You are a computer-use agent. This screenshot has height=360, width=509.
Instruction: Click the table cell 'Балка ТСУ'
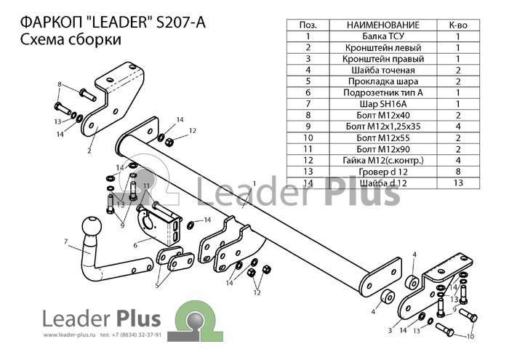[383, 36]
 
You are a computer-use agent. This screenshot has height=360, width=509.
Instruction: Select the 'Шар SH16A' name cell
[383, 104]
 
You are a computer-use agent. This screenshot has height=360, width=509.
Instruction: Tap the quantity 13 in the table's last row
[458, 183]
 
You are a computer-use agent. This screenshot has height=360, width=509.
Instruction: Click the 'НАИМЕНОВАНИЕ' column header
[383, 25]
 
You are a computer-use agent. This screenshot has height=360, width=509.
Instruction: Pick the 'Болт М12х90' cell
[383, 149]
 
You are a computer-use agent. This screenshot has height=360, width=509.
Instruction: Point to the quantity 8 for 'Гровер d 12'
[458, 172]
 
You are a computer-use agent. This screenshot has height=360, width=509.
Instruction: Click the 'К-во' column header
[458, 25]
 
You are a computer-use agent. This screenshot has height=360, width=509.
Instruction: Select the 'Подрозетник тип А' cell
[383, 93]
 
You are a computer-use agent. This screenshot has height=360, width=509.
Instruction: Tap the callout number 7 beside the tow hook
[66, 241]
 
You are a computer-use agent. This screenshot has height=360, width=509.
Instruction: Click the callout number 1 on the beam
[254, 183]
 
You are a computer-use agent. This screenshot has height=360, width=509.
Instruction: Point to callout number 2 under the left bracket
[89, 151]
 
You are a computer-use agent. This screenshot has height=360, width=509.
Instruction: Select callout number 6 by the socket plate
[135, 245]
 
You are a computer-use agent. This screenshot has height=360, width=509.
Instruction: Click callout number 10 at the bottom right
[470, 337]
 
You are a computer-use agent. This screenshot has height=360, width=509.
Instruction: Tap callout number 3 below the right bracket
[390, 330]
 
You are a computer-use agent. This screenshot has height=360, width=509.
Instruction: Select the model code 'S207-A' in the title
[181, 23]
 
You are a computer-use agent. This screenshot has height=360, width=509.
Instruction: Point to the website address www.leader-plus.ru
[70, 335]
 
